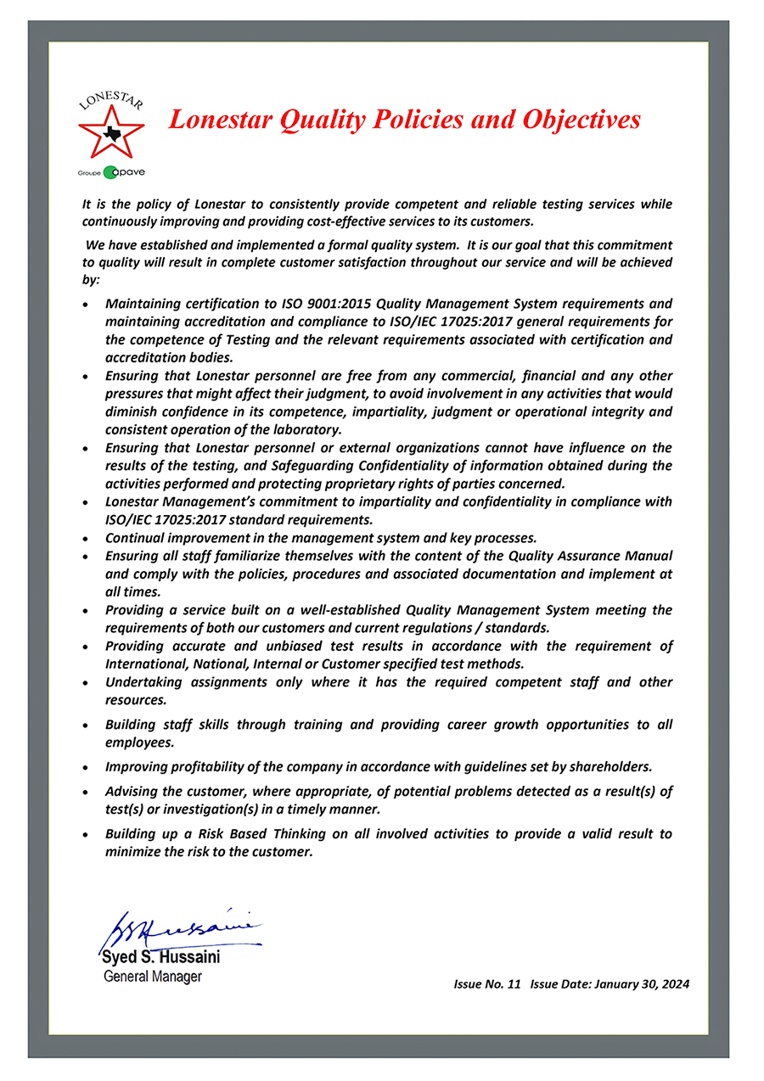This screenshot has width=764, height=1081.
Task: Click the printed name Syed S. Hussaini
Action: click(x=161, y=957)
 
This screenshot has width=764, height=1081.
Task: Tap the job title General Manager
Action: click(x=153, y=977)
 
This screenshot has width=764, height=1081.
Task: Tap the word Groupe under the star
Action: click(x=89, y=173)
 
